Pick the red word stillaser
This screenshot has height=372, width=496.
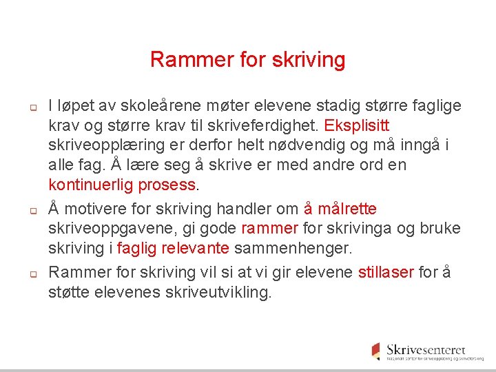(x=386, y=271)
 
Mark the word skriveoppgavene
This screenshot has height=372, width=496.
(x=102, y=228)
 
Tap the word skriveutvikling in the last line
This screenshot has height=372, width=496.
(x=218, y=291)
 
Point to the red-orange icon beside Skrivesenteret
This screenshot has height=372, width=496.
(x=375, y=351)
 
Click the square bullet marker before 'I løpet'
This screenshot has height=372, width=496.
(x=32, y=108)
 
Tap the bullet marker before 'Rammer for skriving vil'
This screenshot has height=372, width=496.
(x=32, y=273)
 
